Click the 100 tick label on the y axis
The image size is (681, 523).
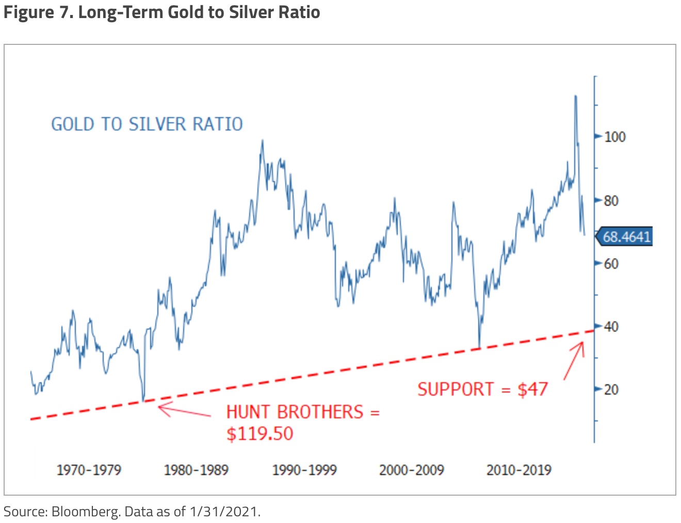pyautogui.click(x=614, y=137)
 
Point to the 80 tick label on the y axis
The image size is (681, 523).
pyautogui.click(x=611, y=201)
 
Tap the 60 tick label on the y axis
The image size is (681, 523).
pyautogui.click(x=611, y=264)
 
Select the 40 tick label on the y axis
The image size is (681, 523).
pyautogui.click(x=611, y=326)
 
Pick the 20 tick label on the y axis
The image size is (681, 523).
pyautogui.click(x=611, y=389)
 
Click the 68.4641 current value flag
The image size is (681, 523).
pyautogui.click(x=626, y=237)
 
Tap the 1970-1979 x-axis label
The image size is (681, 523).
pyautogui.click(x=89, y=470)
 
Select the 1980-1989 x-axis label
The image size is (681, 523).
pyautogui.click(x=196, y=470)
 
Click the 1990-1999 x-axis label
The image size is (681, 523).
pyautogui.click(x=304, y=470)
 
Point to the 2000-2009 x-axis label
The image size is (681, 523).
pyautogui.click(x=412, y=470)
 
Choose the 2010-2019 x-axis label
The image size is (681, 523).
pyautogui.click(x=519, y=470)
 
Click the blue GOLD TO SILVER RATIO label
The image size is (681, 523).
pyautogui.click(x=147, y=124)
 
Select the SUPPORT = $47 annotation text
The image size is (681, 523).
pyautogui.click(x=482, y=389)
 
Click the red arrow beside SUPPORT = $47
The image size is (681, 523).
pyautogui.click(x=574, y=361)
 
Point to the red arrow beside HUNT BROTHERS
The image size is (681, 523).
pyautogui.click(x=184, y=412)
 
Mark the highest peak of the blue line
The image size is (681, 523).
pyautogui.click(x=575, y=96)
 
